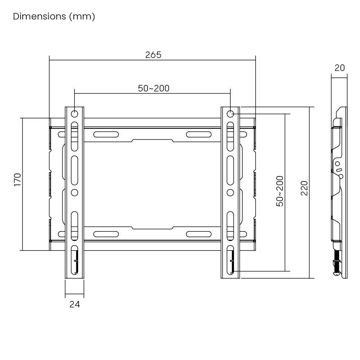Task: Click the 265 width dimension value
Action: tap(153, 55)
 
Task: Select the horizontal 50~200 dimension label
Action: tap(154, 89)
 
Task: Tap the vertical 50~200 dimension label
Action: tap(280, 191)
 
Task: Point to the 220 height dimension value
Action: tap(304, 188)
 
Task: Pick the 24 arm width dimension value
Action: tap(74, 304)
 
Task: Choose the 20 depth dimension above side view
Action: tap(339, 68)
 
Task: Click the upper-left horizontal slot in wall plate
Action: tap(106, 135)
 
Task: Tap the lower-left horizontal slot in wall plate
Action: tap(106, 234)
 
